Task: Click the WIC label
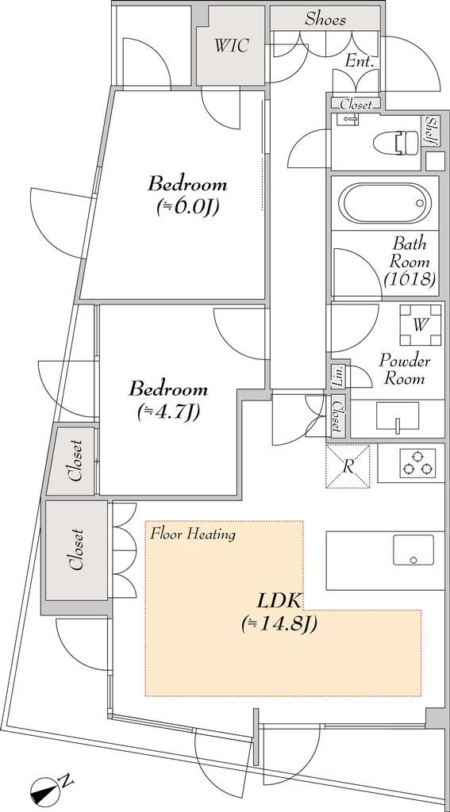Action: coord(232,46)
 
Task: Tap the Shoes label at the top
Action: coord(325,20)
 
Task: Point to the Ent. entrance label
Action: coord(360,62)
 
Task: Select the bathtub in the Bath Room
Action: coord(384,203)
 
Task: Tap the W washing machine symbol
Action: coord(420,326)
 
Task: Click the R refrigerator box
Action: coord(348,465)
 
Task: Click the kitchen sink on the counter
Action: coord(413,551)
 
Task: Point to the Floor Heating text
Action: coord(193,534)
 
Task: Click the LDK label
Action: coord(279,602)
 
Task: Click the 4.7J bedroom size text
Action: coord(169,412)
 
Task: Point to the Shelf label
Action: coord(431,132)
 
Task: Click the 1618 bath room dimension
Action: coord(410,279)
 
